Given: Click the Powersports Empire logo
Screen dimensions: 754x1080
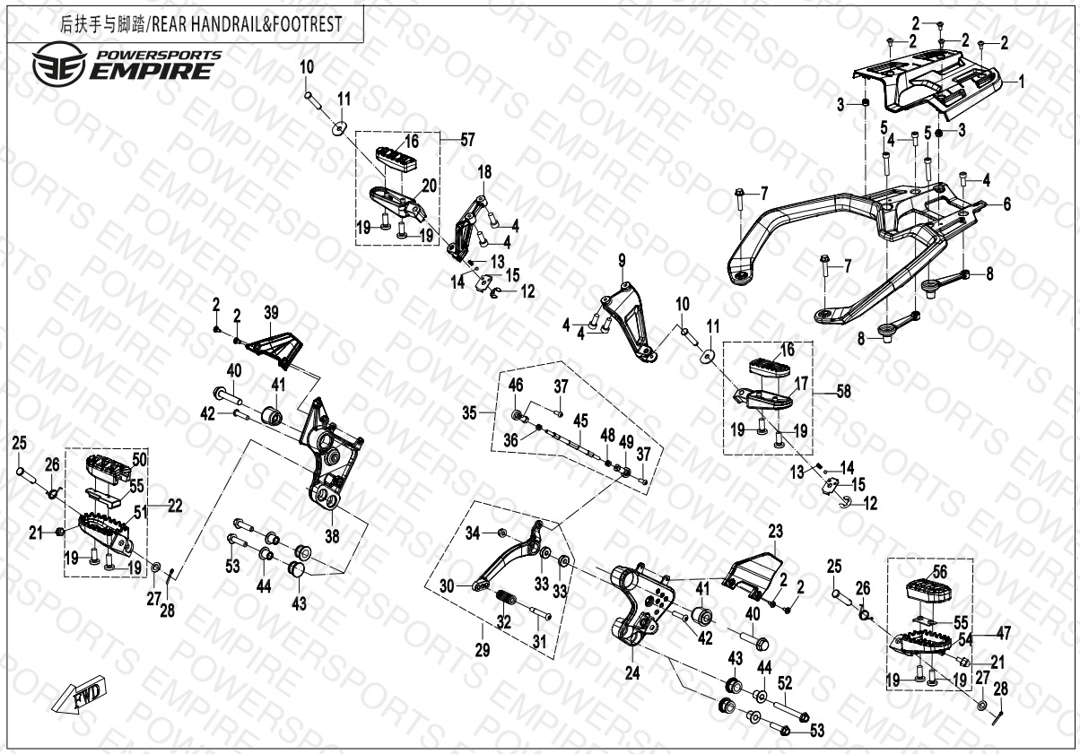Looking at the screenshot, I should [126, 65].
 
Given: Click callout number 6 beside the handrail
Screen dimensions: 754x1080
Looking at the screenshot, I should [1007, 204].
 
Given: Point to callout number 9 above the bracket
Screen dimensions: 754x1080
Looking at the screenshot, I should [620, 261].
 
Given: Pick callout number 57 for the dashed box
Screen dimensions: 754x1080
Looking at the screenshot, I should [467, 139].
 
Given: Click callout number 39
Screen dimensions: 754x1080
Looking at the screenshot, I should [272, 312].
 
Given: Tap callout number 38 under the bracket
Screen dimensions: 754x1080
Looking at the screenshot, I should [332, 537].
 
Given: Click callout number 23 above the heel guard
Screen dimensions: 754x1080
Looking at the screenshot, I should [775, 529].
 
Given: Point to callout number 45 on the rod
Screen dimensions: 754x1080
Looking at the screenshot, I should [580, 420].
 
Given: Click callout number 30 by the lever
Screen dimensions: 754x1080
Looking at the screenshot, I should [446, 586].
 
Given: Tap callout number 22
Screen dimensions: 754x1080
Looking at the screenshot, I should [175, 506].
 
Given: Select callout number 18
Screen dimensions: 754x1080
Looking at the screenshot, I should [484, 171].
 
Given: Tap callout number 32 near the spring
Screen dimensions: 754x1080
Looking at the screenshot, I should [503, 620].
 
